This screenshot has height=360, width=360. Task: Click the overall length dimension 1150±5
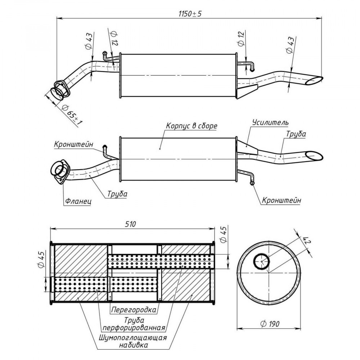point(190,14)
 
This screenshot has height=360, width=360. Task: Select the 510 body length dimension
point(130,224)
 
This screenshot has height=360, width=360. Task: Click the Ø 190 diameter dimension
point(270,324)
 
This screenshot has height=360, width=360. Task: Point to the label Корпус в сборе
point(192,126)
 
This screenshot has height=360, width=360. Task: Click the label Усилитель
point(270,122)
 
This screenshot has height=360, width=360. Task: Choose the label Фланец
point(78,201)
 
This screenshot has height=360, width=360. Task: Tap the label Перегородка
point(134,310)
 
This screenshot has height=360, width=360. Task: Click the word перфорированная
point(134,328)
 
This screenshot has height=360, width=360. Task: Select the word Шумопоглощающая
point(133,338)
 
